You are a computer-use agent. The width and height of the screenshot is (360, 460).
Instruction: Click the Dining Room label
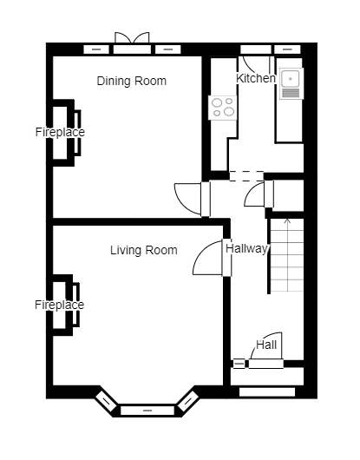pos(131,82)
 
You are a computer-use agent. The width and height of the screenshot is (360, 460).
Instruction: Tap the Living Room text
pos(143,251)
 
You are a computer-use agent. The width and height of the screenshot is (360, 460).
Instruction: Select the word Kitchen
pos(256,79)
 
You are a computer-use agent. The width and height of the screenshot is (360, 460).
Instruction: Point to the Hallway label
pos(246,248)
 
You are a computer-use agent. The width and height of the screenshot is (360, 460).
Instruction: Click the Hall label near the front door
pos(266,345)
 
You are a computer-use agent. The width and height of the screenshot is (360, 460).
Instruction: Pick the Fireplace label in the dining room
pos(60,133)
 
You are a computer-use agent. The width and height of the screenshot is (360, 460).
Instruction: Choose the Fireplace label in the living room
pos(60,306)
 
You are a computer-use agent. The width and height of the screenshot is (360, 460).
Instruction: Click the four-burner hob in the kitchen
pos(222,108)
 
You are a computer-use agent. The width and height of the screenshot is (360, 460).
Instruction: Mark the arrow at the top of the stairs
pos(287,222)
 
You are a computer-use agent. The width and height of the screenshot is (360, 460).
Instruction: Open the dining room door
pos(189,199)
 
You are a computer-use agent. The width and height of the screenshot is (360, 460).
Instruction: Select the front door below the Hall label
pos(267,363)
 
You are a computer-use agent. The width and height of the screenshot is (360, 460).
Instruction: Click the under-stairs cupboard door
pos(257,194)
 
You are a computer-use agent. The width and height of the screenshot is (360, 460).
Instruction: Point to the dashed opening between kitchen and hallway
pos(246,176)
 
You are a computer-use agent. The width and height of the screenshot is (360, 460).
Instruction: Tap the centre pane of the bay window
pos(147,410)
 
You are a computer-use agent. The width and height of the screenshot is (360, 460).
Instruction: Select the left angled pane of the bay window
pos(106,400)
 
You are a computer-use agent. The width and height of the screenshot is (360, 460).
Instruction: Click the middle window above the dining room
pos(132,49)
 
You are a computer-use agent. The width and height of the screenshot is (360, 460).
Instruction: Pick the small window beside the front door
pos(239,364)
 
